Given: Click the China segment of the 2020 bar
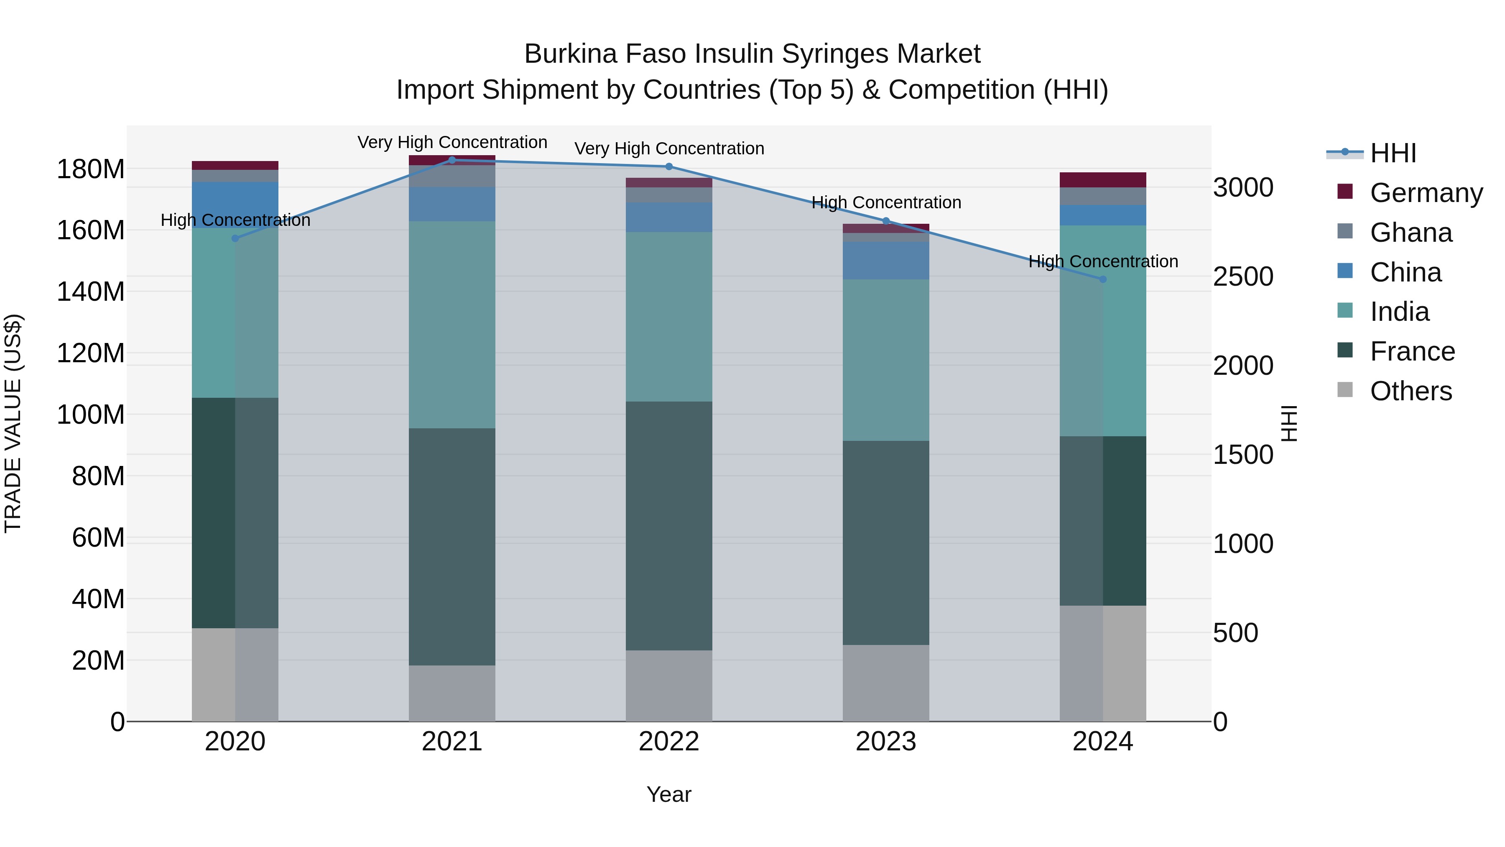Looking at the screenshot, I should tap(235, 204).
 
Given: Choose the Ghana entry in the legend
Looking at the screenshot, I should tap(1411, 233).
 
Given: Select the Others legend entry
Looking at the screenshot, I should tap(1411, 391).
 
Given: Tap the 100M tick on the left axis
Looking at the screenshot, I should tap(91, 415).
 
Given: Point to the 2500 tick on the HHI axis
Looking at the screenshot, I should tap(1243, 276).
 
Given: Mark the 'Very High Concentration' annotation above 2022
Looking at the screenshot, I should tap(669, 148).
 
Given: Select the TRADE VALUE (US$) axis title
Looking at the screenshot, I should tap(13, 423).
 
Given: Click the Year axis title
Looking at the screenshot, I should tap(668, 794).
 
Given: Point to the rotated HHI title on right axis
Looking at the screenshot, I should tap(1288, 423).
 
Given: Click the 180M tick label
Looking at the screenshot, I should tap(91, 169).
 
